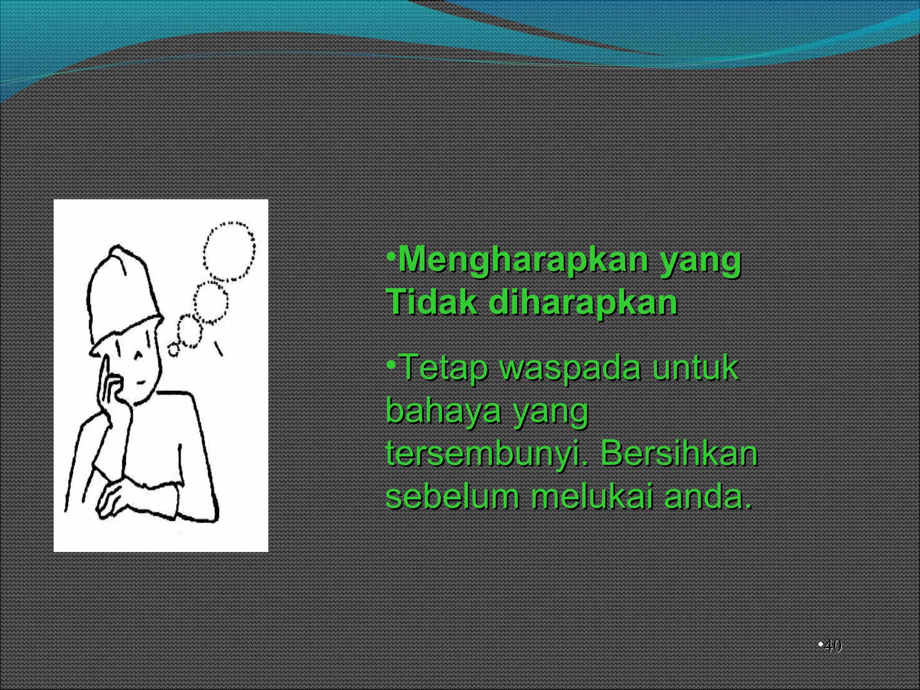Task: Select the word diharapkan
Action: tap(583, 302)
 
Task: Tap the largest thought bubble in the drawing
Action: tap(229, 250)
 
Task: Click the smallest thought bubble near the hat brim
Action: tap(173, 349)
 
